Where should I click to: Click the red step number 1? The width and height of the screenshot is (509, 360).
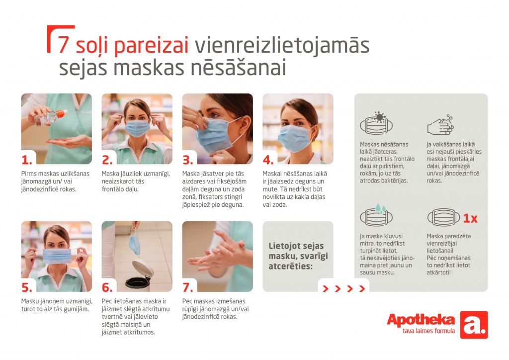(x=27, y=160)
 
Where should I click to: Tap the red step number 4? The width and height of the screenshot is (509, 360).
(x=268, y=160)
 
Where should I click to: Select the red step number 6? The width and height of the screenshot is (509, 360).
(x=107, y=287)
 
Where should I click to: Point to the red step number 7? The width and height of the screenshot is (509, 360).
(x=187, y=287)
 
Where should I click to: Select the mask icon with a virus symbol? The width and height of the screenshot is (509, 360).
(x=377, y=123)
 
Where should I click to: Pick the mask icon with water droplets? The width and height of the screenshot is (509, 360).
(x=377, y=215)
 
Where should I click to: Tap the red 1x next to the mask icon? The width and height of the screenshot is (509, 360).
(x=470, y=218)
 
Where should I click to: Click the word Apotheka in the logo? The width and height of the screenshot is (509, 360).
(x=421, y=320)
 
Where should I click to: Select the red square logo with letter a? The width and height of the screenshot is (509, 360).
(x=474, y=325)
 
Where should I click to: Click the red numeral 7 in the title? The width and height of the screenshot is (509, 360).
(x=63, y=44)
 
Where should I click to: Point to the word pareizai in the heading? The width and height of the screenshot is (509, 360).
(x=151, y=46)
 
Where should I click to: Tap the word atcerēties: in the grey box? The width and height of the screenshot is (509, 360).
(x=290, y=267)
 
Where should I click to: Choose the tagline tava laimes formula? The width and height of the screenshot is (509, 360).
(x=428, y=331)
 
